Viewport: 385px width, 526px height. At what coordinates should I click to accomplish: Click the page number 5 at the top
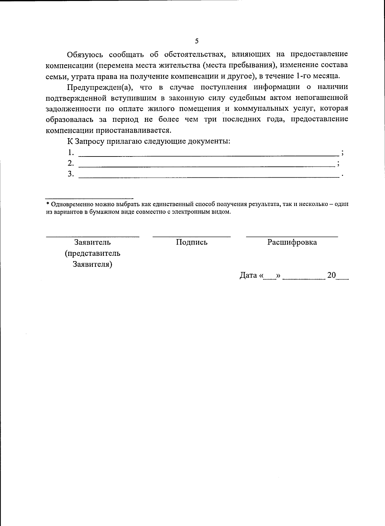(197, 41)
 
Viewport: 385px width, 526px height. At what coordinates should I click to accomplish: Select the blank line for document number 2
(207, 166)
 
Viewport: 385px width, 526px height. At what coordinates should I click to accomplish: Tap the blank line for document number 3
(209, 177)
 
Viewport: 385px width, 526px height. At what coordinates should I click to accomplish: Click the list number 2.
(70, 163)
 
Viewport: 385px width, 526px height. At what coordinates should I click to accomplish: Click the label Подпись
(192, 242)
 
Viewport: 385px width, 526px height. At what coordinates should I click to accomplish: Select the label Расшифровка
(292, 242)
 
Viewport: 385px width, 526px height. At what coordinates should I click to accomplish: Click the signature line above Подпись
(192, 236)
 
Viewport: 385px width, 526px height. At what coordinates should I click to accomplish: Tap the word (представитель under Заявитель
(92, 253)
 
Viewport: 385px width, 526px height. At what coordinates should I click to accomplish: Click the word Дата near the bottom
(248, 275)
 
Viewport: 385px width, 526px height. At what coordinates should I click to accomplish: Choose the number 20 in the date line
(331, 275)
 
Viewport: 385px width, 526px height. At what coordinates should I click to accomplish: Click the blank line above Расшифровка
(292, 236)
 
